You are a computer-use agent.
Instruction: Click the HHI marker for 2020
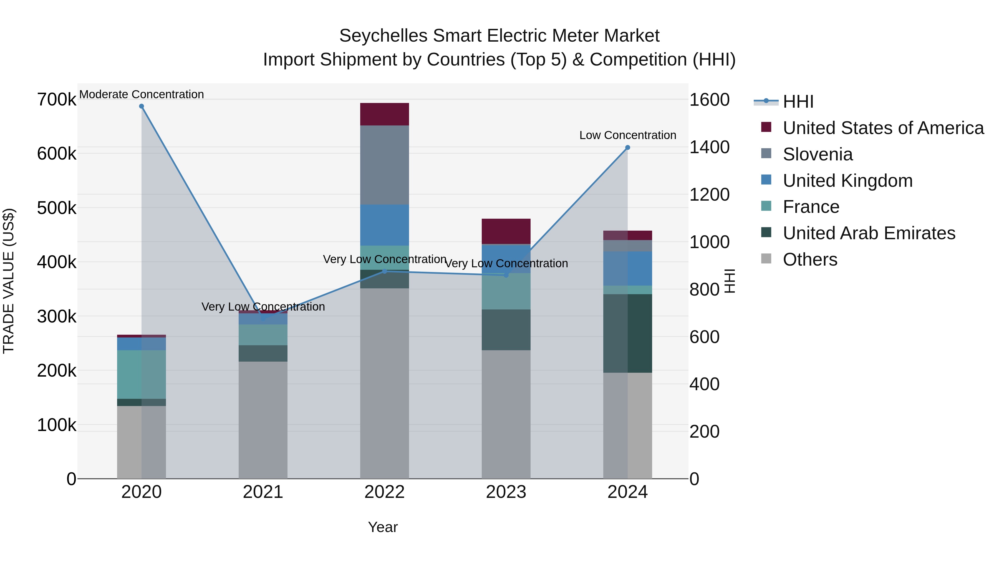pos(142,106)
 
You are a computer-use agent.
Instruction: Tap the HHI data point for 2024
pos(627,147)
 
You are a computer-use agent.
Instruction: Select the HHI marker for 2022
pos(384,271)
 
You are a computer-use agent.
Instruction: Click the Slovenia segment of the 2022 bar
pos(384,165)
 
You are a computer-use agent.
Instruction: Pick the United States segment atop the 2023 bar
pos(506,231)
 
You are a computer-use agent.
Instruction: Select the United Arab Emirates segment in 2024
pos(627,334)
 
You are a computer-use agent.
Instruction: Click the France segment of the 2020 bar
pos(142,374)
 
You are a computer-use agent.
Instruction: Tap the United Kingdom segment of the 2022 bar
pos(384,225)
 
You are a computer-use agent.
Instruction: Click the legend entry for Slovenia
pos(818,154)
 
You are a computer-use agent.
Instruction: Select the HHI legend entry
pos(798,102)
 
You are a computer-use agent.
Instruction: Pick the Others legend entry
pos(810,259)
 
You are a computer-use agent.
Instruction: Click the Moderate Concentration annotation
pos(142,94)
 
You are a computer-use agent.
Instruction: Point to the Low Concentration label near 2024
pos(627,135)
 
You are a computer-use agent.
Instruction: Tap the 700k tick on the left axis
pos(57,100)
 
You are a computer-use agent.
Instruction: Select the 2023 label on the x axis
pos(506,492)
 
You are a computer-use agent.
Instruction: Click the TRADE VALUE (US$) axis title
pos(9,281)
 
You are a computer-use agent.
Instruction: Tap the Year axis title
pos(383,527)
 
